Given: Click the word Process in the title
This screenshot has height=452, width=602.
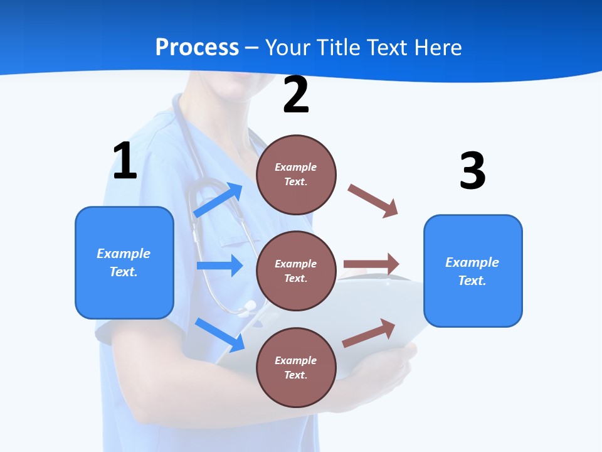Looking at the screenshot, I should (x=197, y=48).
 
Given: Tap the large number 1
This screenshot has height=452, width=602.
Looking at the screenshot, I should (x=124, y=161).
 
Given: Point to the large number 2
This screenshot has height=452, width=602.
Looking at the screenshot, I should (x=296, y=95).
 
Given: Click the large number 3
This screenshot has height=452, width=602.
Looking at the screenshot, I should (x=472, y=171).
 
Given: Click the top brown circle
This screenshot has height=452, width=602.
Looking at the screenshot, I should (x=296, y=174).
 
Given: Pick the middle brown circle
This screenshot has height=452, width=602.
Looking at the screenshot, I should (x=296, y=271).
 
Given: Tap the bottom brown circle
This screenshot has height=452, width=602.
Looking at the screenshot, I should (x=296, y=367).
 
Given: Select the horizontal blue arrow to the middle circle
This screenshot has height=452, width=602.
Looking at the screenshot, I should (x=219, y=266).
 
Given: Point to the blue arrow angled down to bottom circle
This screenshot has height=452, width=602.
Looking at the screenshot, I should (x=219, y=334).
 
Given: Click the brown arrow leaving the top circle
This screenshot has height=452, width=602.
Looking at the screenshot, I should (x=373, y=200).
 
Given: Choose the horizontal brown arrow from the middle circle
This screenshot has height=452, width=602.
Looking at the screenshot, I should (x=371, y=264).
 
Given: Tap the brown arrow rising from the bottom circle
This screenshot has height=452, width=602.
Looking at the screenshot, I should (x=369, y=333).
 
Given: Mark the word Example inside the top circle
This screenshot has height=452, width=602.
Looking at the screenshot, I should (x=295, y=167).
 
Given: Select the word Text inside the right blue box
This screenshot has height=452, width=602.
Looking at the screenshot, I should (x=472, y=281).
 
